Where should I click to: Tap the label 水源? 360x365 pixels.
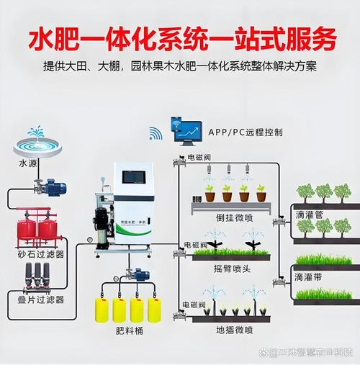pyautogui.click(x=27, y=163)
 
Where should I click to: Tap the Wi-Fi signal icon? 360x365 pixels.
pyautogui.click(x=156, y=133)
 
